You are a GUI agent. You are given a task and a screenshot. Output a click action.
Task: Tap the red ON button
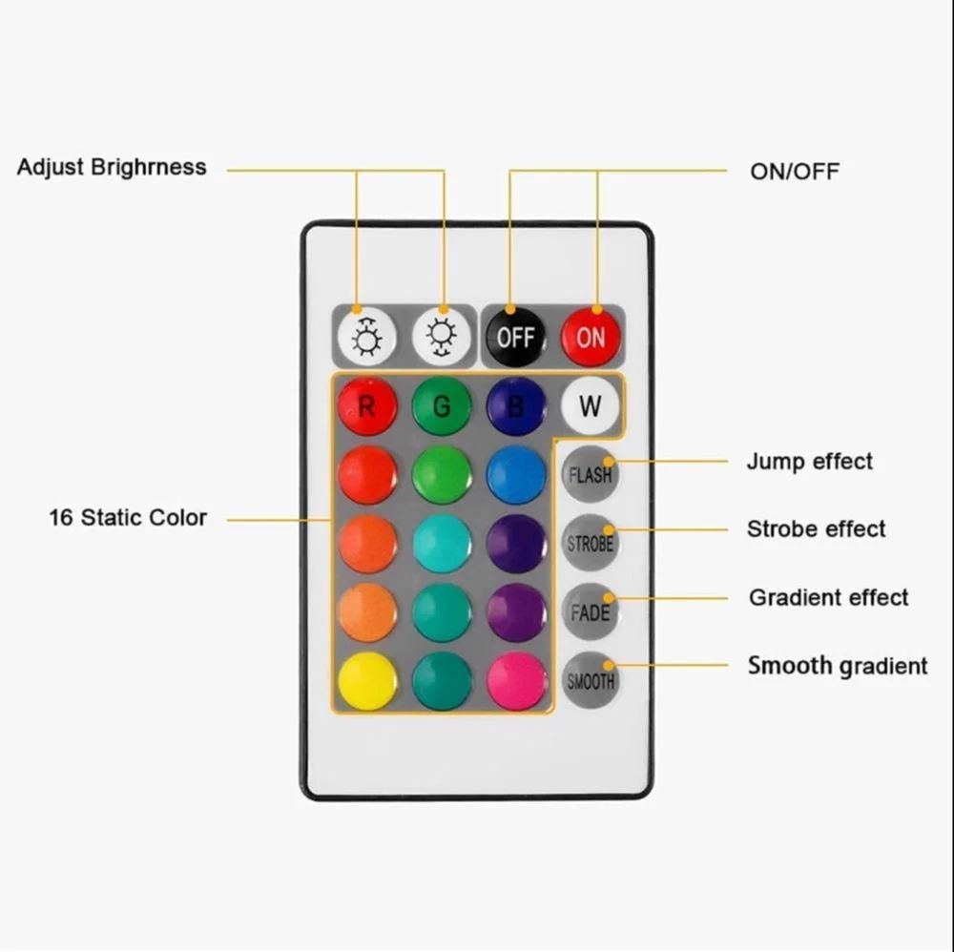click(591, 337)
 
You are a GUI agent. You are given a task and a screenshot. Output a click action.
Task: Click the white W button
click(591, 405)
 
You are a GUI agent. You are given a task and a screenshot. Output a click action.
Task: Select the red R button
click(367, 405)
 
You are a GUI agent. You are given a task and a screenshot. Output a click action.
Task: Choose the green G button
click(442, 405)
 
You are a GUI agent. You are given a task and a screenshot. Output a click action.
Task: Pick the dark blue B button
click(516, 405)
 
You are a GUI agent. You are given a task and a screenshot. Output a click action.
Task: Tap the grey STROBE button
click(590, 543)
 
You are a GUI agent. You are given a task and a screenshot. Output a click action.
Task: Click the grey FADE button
click(590, 611)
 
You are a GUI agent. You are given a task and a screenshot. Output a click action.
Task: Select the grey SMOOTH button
click(590, 680)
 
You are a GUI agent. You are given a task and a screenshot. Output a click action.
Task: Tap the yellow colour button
click(367, 681)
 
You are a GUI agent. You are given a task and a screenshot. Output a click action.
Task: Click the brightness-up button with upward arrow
click(367, 337)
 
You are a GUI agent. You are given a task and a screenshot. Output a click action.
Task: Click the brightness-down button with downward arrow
click(442, 337)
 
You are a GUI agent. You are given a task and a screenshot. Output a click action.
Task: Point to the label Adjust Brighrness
click(112, 167)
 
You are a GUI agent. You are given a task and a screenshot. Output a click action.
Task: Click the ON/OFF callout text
click(795, 172)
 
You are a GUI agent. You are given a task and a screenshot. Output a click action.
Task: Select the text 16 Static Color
click(128, 518)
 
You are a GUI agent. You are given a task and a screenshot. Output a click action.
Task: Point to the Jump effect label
click(810, 461)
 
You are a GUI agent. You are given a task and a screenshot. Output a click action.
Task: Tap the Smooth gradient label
click(838, 666)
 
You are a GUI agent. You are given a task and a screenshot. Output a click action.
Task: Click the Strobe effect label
click(817, 529)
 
